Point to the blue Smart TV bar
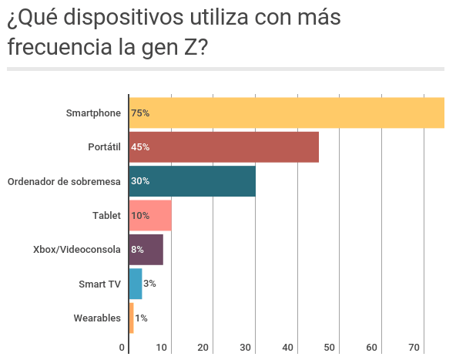coord(136,284)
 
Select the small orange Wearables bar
coord(131,318)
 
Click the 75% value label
coord(140,113)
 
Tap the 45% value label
coord(140,147)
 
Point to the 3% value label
coord(149,284)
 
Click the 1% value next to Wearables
coord(141,318)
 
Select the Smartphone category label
coord(94,113)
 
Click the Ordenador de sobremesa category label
coord(64,181)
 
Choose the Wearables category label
coord(97,318)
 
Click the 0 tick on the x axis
coord(122,348)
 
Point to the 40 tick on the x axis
coord(288,348)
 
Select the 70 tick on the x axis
coord(414,348)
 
